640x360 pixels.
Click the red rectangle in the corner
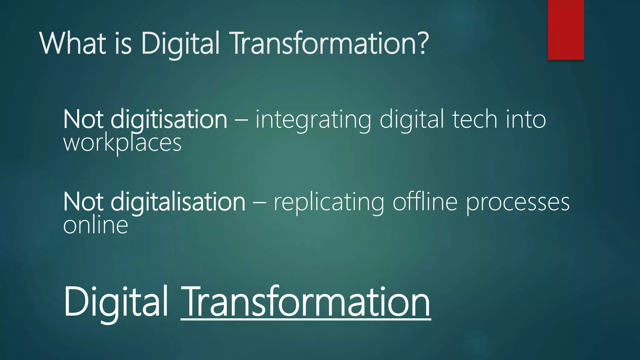(566, 30)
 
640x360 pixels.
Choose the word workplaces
(122, 143)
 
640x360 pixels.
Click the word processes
(518, 203)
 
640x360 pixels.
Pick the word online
(96, 225)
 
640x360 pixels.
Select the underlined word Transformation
(306, 302)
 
